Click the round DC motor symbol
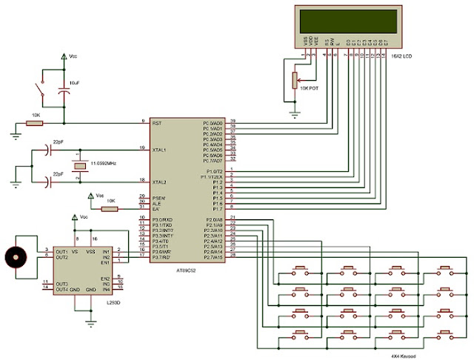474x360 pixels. [14, 256]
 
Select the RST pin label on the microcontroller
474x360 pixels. [158, 123]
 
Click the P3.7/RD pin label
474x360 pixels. [164, 257]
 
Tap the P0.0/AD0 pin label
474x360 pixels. [213, 123]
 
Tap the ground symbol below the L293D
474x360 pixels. [91, 320]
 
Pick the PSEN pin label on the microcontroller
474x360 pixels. [159, 198]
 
